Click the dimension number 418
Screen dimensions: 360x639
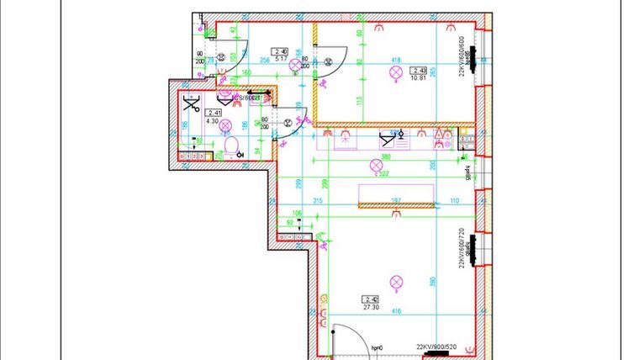pyautogui.click(x=394, y=60)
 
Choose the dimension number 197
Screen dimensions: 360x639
pyautogui.click(x=396, y=201)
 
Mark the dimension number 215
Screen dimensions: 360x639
pyautogui.click(x=317, y=201)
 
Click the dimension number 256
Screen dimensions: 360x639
pyautogui.click(x=263, y=61)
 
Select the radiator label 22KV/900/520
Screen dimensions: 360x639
pyautogui.click(x=436, y=346)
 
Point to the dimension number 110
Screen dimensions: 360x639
pyautogui.click(x=454, y=201)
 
